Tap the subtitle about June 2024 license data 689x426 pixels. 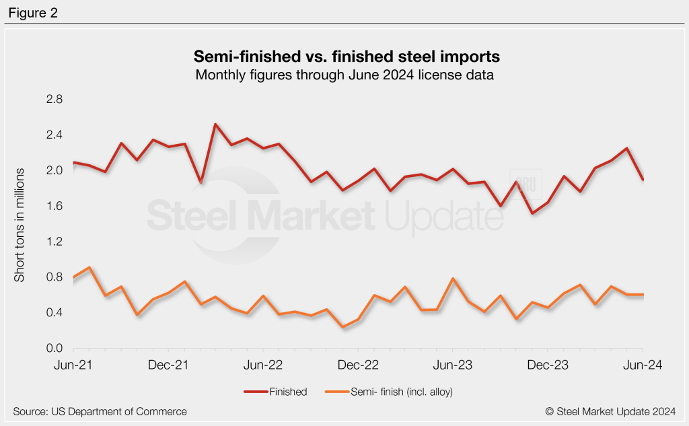point(344,75)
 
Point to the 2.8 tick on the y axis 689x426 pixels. point(54,100)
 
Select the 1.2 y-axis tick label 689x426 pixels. point(54,242)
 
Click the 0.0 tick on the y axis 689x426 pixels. point(54,349)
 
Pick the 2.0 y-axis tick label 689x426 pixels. point(54,170)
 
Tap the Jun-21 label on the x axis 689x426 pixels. point(73,365)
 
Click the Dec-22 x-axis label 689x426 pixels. point(357,365)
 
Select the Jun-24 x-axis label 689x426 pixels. point(642,365)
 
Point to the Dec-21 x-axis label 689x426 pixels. point(168,365)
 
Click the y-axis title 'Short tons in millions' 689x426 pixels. point(20,224)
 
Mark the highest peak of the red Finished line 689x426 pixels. point(215,125)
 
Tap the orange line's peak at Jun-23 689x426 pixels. point(453,279)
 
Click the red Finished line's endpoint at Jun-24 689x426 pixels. point(643,180)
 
